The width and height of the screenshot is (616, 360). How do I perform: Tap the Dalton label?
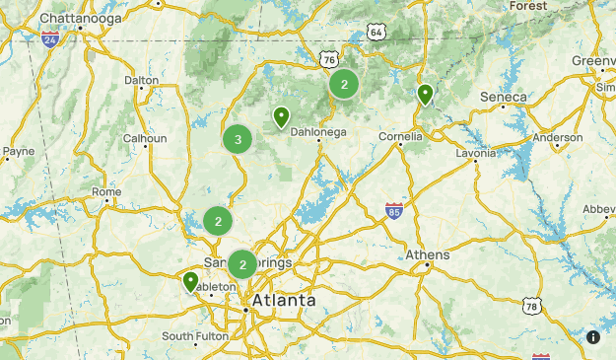tap(141, 81)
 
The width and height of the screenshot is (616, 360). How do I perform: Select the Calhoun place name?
tap(144, 139)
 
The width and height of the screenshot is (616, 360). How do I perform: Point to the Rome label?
tap(105, 192)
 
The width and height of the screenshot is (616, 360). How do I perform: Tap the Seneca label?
tap(503, 97)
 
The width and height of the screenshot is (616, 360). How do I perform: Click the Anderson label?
tap(557, 138)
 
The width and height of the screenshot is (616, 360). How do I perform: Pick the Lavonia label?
tap(476, 154)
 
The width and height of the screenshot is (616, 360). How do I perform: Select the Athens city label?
tap(428, 255)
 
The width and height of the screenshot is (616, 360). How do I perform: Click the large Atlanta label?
tap(284, 300)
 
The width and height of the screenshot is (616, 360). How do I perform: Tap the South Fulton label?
tap(195, 336)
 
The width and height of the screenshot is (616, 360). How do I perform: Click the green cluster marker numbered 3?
tap(238, 140)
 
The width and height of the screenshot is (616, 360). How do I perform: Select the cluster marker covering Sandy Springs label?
tap(242, 264)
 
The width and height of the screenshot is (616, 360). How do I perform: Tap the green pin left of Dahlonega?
tap(282, 117)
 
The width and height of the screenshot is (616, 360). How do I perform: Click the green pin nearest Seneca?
tap(425, 95)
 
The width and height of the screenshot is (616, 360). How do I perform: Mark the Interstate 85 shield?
tap(393, 210)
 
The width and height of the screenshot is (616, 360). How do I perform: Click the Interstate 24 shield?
tap(50, 40)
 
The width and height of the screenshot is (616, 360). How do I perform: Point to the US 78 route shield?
tap(532, 308)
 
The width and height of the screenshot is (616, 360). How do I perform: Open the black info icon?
tap(593, 337)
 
